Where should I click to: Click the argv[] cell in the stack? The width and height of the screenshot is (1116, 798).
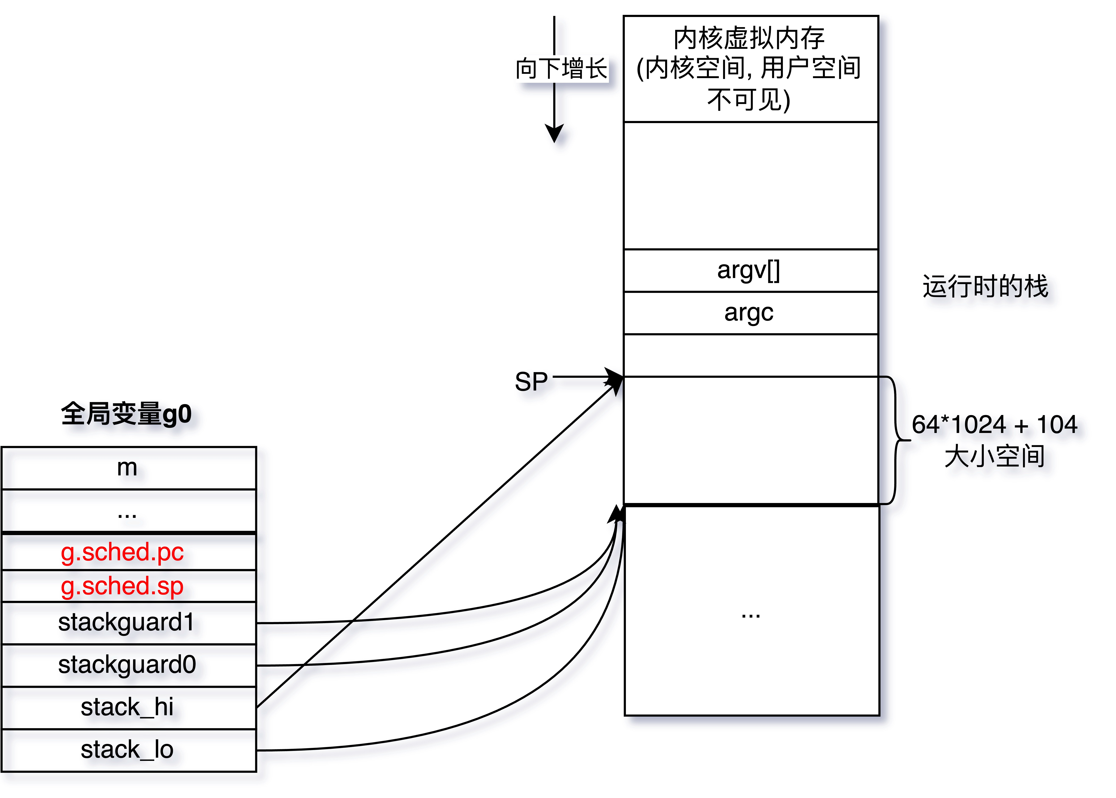pyautogui.click(x=749, y=270)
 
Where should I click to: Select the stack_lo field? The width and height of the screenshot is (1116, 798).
pyautogui.click(x=127, y=750)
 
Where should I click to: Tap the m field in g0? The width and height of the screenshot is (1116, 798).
pyautogui.click(x=127, y=468)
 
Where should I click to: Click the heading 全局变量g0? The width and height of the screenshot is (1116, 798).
pyautogui.click(x=126, y=414)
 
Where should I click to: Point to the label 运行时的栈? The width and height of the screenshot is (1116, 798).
pyautogui.click(x=985, y=286)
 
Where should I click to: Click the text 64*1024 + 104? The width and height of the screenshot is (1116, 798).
pyautogui.click(x=994, y=424)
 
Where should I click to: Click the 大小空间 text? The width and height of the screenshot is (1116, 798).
pyautogui.click(x=994, y=456)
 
